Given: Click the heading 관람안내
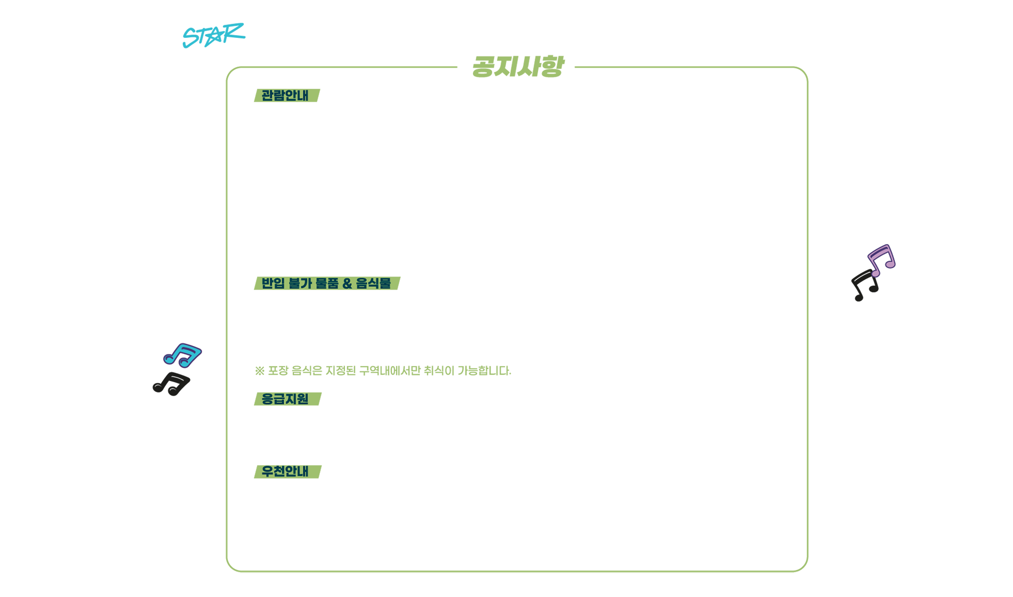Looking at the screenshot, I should [x=285, y=95].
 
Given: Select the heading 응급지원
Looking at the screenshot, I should [x=285, y=399].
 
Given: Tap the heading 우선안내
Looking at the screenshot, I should [x=285, y=471].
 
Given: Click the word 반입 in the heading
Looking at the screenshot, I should [x=273, y=283].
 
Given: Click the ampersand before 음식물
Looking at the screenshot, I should [x=347, y=284].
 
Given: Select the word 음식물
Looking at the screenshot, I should [x=373, y=283].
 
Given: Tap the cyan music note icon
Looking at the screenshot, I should [x=182, y=355].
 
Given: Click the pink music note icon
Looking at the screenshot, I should [x=881, y=261].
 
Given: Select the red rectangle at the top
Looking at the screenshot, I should [x=684, y=12].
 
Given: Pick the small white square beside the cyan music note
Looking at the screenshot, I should [x=151, y=353].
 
